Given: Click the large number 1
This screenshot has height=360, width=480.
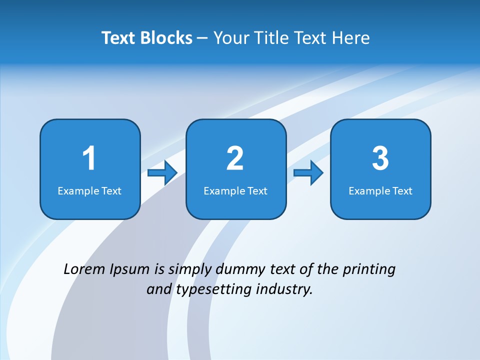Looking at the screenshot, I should (x=89, y=158).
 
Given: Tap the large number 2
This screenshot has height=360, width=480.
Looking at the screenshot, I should (x=235, y=158).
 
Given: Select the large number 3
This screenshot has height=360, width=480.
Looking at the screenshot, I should (x=380, y=158).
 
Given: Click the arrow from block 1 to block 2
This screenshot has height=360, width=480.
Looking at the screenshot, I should (x=163, y=173).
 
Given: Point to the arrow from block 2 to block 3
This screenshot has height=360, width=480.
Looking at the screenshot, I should (x=308, y=173).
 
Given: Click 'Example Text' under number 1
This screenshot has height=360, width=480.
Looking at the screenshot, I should (x=89, y=191).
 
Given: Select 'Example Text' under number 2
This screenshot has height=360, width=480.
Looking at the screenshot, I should (x=235, y=191).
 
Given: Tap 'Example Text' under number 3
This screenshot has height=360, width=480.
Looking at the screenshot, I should (x=380, y=191).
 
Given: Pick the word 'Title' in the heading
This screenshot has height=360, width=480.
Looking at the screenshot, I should (x=274, y=38).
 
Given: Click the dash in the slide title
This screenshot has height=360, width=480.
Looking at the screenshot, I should (x=202, y=38).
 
